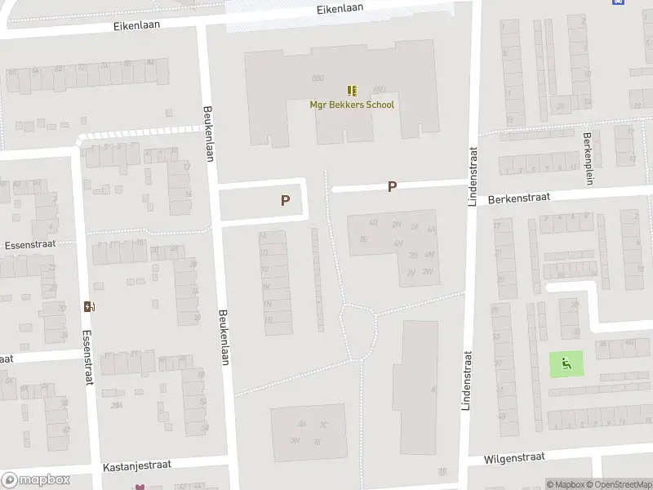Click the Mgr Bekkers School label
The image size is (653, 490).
coord(352,105)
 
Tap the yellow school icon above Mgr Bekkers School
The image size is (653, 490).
coord(352,91)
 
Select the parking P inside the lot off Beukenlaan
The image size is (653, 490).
coord(285,200)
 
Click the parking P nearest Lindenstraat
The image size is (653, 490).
coord(392,187)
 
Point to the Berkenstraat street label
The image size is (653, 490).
coord(519,198)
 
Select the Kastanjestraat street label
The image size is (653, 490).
coord(136,465)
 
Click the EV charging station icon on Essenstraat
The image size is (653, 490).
coord(89,307)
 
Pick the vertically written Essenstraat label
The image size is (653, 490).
coord(87,357)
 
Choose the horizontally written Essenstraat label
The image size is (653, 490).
coord(29,244)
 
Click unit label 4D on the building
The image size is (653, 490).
coord(373,222)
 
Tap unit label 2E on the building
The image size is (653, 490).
coord(364,238)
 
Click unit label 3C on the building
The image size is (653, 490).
coord(323,425)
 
